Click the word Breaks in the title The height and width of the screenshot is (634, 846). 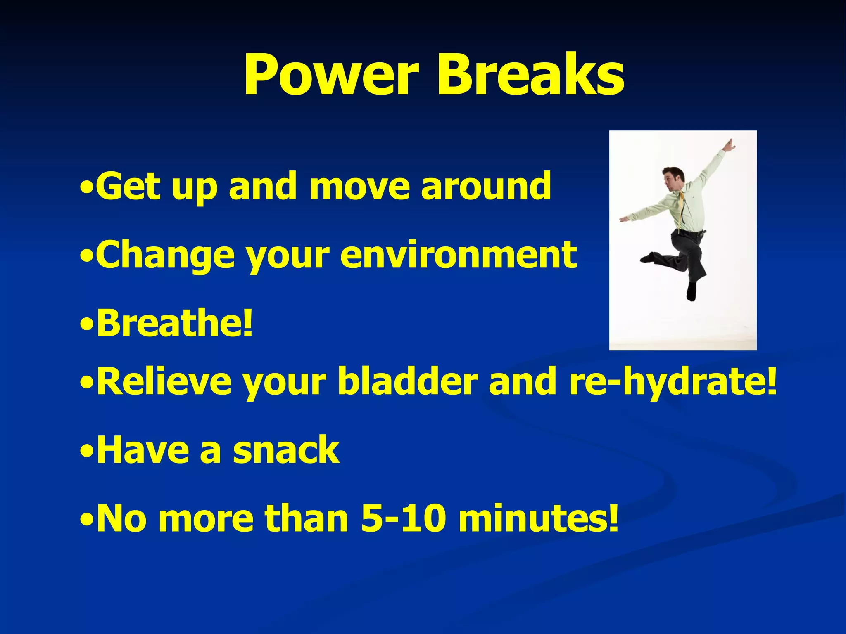point(530,75)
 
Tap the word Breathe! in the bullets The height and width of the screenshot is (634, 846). point(174,323)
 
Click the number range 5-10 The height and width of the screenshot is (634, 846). point(403,518)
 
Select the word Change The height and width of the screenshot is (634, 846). point(166,256)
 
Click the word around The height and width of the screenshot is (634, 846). point(486,187)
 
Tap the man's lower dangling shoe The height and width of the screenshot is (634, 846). point(691,291)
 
